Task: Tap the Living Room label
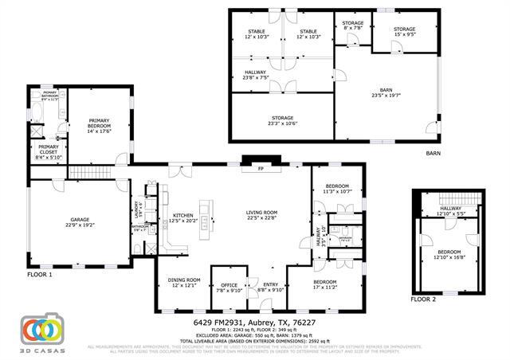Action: click(261, 215)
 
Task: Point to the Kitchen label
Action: click(183, 217)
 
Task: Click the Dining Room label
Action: click(184, 282)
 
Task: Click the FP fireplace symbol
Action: click(260, 169)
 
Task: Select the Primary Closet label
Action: click(49, 154)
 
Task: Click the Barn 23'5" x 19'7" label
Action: click(386, 92)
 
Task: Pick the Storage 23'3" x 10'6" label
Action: click(281, 120)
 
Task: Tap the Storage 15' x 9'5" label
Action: click(405, 32)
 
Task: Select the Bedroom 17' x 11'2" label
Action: click(325, 284)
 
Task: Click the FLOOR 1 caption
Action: click(39, 275)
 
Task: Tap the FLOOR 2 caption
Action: click(423, 299)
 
